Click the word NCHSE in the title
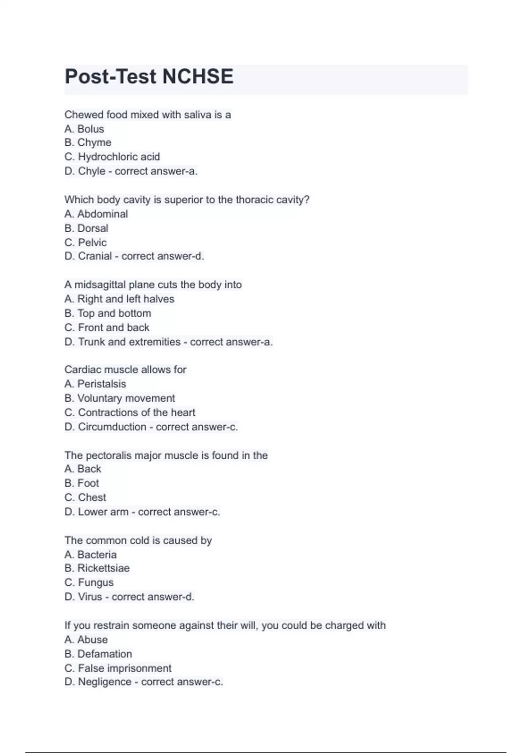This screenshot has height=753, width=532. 197,77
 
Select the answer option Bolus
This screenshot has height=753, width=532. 90,129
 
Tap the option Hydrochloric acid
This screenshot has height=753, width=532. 118,157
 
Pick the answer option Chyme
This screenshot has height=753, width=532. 94,143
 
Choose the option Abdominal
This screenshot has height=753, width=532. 102,214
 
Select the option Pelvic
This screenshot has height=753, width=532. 92,242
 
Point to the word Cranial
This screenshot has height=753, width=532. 95,256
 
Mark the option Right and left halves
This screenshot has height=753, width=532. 125,299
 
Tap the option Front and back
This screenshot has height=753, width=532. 113,327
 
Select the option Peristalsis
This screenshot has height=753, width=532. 102,384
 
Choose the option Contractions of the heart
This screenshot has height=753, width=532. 137,412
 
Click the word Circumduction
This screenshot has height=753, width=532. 112,427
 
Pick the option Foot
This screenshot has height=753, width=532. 88,483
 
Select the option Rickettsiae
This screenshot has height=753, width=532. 103,568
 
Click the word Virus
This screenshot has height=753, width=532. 90,597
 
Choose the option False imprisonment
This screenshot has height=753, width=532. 125,668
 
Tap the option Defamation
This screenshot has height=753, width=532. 105,654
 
